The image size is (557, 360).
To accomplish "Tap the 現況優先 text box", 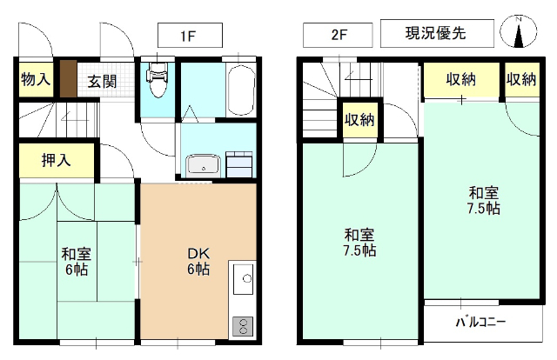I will click(x=436, y=35).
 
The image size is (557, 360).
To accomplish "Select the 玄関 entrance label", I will click(x=103, y=82).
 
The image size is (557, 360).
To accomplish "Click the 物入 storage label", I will click(x=36, y=80).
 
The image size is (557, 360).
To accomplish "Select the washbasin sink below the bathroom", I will click(x=205, y=164).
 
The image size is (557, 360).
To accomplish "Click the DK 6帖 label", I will click(x=196, y=262).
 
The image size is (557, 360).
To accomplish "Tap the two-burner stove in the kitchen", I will click(x=242, y=327).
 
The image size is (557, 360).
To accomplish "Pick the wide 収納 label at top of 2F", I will click(x=462, y=80).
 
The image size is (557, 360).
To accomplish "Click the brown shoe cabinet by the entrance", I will click(x=68, y=80).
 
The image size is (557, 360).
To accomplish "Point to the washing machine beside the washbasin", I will click(x=239, y=162).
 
